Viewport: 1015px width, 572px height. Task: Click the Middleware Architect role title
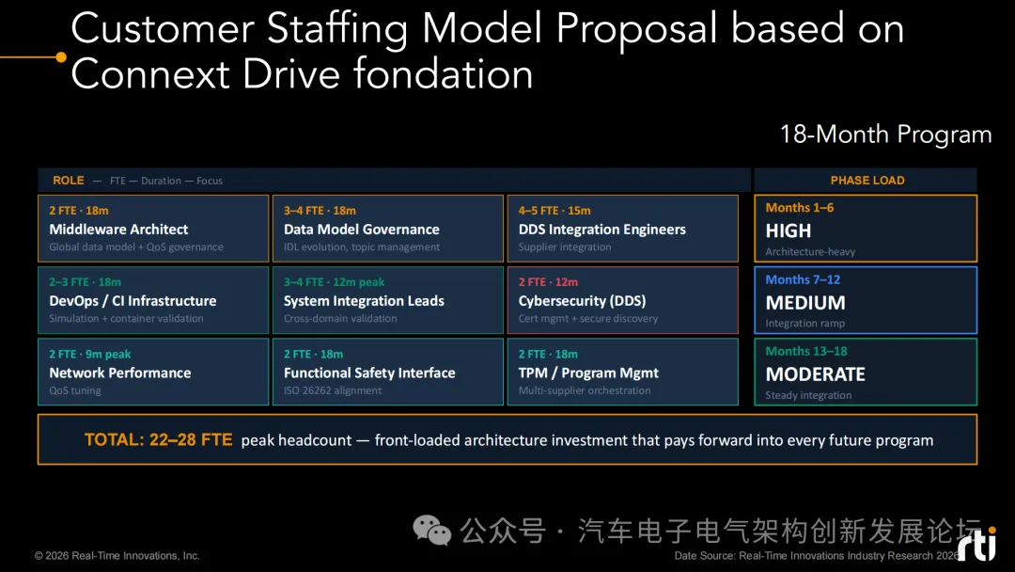click(118, 230)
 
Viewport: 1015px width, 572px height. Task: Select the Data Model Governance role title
click(361, 230)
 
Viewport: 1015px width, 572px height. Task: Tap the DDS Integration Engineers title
click(602, 230)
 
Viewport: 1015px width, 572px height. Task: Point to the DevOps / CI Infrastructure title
click(133, 301)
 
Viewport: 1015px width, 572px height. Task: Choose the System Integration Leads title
click(364, 301)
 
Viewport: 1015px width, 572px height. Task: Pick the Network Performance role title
click(119, 373)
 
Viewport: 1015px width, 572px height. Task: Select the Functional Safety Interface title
click(369, 373)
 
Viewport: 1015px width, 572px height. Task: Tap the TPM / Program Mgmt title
click(588, 373)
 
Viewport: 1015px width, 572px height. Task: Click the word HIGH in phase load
click(788, 230)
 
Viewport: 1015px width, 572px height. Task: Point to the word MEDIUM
click(805, 303)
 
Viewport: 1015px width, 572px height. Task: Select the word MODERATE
click(815, 374)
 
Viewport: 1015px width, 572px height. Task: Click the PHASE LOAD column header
click(867, 181)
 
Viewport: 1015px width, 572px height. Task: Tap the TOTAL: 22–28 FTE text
click(158, 440)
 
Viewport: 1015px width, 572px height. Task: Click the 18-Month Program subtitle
click(885, 135)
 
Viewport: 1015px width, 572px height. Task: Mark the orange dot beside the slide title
click(61, 57)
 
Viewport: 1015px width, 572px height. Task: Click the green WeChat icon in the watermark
click(431, 531)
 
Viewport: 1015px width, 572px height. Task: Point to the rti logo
click(976, 544)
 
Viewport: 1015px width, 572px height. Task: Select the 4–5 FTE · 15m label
click(554, 211)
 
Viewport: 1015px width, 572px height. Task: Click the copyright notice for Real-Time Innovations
click(117, 556)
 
